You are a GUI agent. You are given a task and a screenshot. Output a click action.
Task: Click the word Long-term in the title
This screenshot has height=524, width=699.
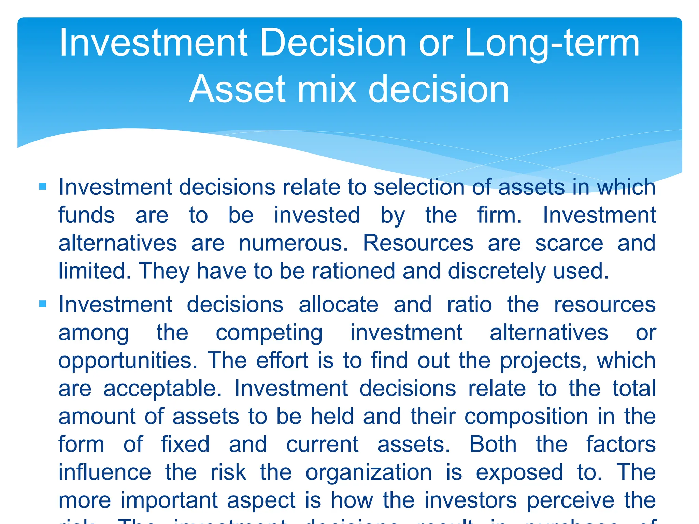pos(552,44)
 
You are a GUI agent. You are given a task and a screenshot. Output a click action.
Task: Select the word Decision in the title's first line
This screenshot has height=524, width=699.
pos(333,43)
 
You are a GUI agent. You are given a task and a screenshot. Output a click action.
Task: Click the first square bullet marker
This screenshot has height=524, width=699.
pos(43,186)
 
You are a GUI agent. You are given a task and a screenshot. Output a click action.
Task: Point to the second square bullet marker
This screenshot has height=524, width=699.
pos(43,304)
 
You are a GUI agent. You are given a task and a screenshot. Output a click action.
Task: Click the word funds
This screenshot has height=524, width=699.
pos(87,215)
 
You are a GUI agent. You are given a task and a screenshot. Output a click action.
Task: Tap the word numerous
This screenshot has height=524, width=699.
pos(293,243)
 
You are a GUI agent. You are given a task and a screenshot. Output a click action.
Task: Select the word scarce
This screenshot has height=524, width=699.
pos(569,243)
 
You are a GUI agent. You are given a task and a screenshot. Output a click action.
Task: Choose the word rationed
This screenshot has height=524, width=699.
pos(353,271)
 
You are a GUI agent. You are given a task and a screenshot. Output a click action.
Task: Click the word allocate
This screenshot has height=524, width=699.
pos(339,305)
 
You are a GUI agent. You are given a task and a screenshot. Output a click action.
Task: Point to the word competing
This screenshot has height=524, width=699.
pos(269,333)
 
